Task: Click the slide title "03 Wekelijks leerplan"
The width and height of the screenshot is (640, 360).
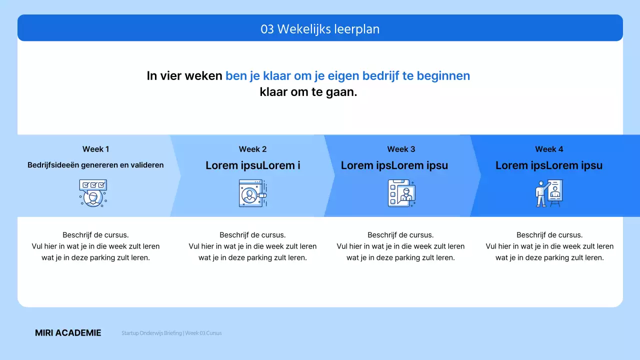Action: [320, 29]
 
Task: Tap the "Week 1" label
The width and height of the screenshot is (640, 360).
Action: [95, 149]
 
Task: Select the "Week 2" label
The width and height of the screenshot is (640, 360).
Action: [252, 149]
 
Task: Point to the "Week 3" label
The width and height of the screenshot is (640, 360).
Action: [401, 149]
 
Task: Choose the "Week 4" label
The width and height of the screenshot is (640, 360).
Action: [549, 149]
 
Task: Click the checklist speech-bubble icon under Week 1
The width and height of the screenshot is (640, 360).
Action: [93, 193]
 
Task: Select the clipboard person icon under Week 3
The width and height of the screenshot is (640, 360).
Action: [401, 193]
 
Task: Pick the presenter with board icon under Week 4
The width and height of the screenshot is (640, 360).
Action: [549, 193]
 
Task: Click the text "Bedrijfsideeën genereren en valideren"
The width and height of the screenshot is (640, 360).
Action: [95, 165]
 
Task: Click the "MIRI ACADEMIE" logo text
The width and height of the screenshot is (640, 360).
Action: [68, 333]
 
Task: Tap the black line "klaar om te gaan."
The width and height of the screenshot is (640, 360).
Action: [308, 92]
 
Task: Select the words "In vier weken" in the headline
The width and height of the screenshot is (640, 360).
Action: [184, 76]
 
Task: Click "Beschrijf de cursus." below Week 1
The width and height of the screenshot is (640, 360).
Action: [95, 235]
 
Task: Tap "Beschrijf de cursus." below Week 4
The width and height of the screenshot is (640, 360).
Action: [549, 235]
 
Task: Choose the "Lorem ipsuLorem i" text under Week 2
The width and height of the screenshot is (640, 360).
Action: [252, 165]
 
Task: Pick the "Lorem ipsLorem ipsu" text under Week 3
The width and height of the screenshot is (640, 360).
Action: [394, 165]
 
